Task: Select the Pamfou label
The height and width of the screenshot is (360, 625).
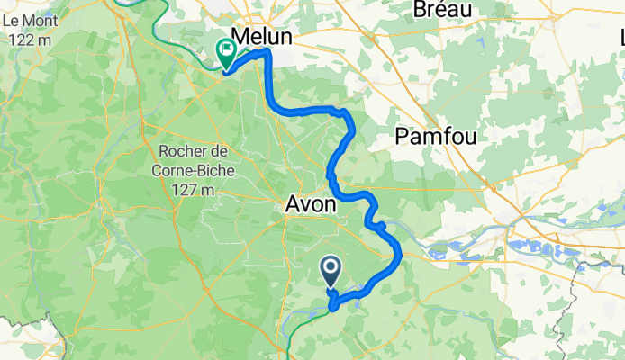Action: pos(436,136)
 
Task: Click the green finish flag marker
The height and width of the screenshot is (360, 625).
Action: pos(224,53)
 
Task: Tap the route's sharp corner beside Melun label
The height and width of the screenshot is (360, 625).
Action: pos(267,54)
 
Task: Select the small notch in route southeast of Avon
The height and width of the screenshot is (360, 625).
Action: pos(381,226)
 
